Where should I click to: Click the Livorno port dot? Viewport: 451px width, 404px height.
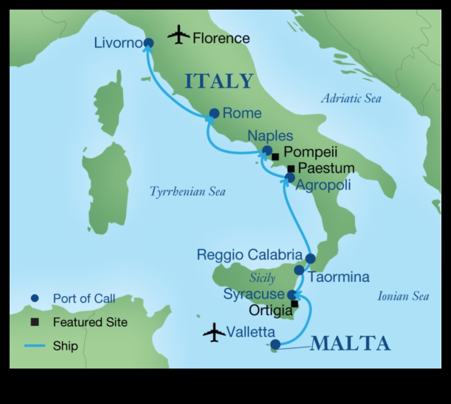pos(149,43)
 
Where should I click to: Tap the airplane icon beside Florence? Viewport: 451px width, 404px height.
pos(179,35)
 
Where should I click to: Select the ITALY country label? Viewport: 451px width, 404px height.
pos(219,81)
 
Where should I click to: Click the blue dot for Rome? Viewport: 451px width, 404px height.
pos(214,114)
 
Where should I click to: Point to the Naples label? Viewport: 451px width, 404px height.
pos(270,136)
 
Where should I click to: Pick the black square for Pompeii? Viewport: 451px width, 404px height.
pos(275,156)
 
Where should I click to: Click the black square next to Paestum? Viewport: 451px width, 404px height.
pos(291,169)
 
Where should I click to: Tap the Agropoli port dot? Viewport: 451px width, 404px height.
pos(290,178)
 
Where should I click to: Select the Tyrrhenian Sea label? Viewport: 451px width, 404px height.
pos(188,192)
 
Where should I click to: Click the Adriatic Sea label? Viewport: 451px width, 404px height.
pos(351,99)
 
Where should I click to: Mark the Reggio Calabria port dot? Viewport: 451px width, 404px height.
pos(310,258)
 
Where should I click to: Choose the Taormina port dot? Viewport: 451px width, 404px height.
pos(299,270)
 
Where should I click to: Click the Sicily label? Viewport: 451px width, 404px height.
pos(262,278)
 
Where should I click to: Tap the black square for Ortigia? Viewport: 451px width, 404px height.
pos(295,304)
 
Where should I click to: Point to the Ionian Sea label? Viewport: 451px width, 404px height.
pos(403,296)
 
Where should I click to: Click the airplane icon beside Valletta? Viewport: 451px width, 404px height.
pos(214,332)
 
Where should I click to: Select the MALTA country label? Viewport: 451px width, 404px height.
pos(350,344)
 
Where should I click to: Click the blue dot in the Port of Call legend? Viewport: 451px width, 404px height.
pos(34,299)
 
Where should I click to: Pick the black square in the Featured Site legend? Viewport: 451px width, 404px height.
pos(35,322)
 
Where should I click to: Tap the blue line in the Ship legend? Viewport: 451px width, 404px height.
pos(34,346)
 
